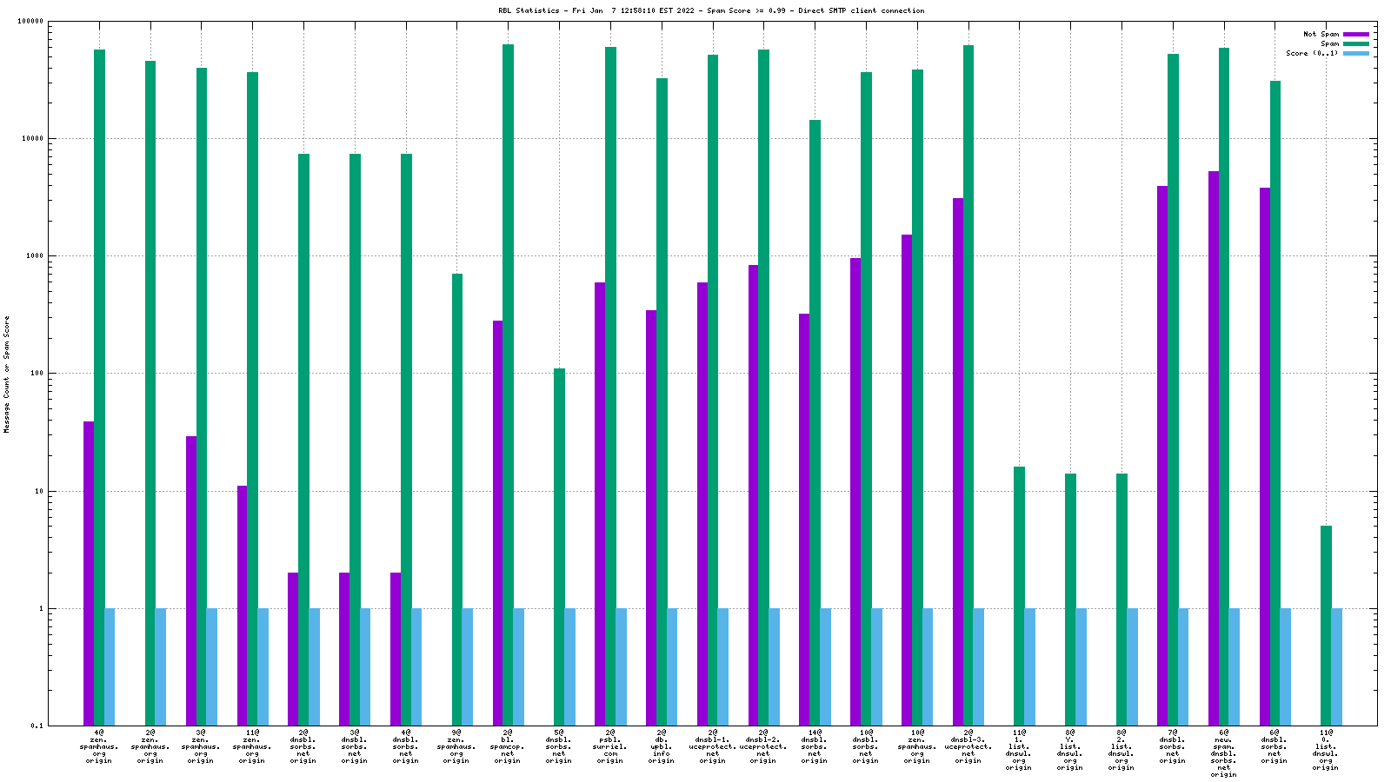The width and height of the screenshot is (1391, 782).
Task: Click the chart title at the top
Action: tap(711, 11)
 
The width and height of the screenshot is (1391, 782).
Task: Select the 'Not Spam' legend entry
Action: tap(1321, 34)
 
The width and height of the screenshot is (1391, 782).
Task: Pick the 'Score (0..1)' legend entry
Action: tap(1312, 53)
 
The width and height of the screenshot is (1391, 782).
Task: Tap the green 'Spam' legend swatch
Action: tap(1355, 43)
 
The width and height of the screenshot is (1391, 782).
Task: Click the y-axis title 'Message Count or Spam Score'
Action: tap(7, 374)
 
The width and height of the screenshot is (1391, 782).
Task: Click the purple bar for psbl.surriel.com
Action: tap(600, 504)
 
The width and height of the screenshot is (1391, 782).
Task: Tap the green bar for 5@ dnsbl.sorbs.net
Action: tap(559, 547)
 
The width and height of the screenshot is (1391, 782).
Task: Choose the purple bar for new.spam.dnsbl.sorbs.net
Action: tap(1214, 447)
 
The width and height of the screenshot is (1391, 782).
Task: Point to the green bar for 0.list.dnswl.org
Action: tap(1326, 625)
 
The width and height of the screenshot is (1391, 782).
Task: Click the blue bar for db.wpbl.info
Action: tap(672, 666)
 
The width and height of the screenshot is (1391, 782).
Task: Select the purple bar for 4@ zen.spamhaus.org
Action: tap(89, 573)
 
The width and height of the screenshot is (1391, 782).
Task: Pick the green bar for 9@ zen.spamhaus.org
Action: tap(457, 499)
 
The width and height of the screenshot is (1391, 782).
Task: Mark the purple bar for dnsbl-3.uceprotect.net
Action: tap(957, 461)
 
